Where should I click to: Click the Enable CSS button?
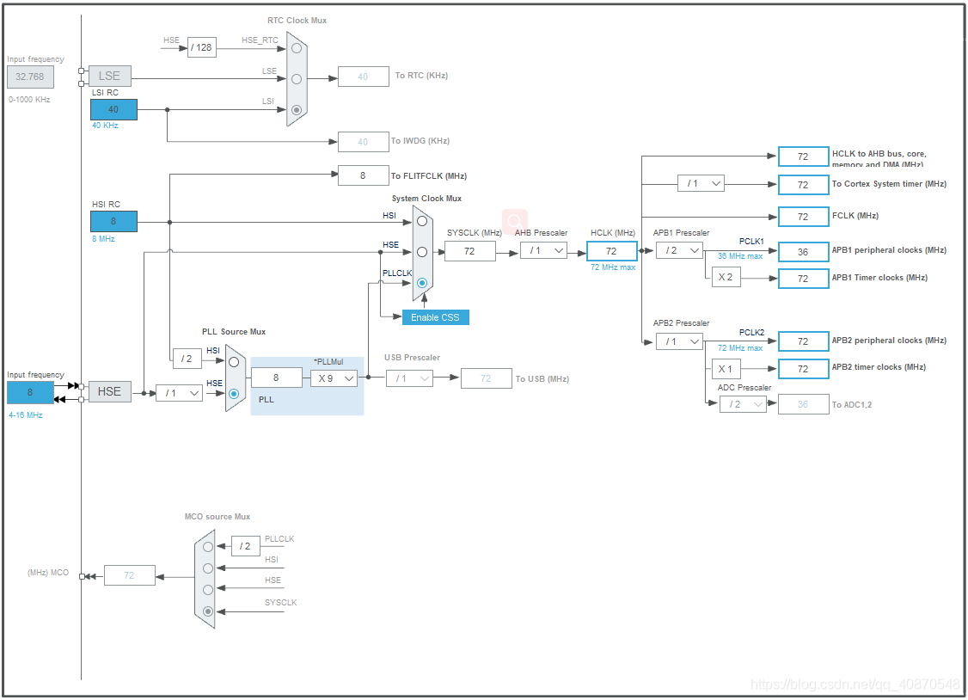pyautogui.click(x=435, y=317)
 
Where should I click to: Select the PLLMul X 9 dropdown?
pyautogui.click(x=334, y=378)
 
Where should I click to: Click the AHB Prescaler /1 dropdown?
pyautogui.click(x=543, y=250)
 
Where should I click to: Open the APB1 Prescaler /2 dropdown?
pyautogui.click(x=678, y=250)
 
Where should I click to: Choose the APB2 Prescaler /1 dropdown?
pyautogui.click(x=678, y=341)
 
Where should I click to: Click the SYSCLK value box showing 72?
pyautogui.click(x=470, y=250)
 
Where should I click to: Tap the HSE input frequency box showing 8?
pyautogui.click(x=30, y=392)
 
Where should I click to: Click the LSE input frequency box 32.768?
pyautogui.click(x=30, y=77)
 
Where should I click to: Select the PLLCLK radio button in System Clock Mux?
pyautogui.click(x=422, y=283)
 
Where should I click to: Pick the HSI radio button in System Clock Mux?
pyautogui.click(x=422, y=221)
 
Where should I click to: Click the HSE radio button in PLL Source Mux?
pyautogui.click(x=234, y=393)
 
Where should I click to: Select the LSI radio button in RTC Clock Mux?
pyautogui.click(x=297, y=109)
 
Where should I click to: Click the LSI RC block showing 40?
pyautogui.click(x=113, y=109)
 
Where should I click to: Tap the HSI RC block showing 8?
pyautogui.click(x=113, y=221)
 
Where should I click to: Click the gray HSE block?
pyautogui.click(x=109, y=392)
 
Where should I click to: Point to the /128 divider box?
pyautogui.click(x=202, y=47)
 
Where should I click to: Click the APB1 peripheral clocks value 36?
pyautogui.click(x=803, y=251)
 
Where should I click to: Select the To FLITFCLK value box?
pyautogui.click(x=363, y=175)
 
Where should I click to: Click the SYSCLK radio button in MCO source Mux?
pyautogui.click(x=208, y=611)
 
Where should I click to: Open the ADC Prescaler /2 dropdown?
pyautogui.click(x=743, y=404)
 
